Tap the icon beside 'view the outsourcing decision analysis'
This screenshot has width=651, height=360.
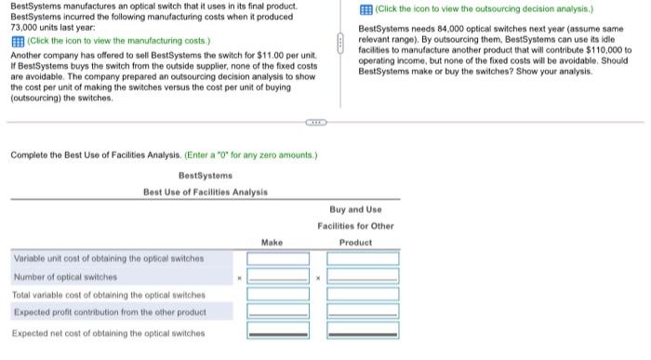pyautogui.click(x=366, y=8)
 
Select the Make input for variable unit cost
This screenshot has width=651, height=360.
pyautogui.click(x=278, y=259)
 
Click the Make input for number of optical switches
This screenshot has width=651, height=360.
pyautogui.click(x=278, y=276)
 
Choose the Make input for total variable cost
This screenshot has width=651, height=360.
pyautogui.click(x=278, y=294)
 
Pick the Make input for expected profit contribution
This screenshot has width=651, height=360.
pyautogui.click(x=278, y=312)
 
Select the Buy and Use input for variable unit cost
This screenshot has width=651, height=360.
pyautogui.click(x=362, y=259)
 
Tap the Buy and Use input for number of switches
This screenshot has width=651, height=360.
pyautogui.click(x=362, y=276)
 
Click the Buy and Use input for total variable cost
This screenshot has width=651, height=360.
pyautogui.click(x=362, y=294)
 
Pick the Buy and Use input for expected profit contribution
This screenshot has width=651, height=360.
pyautogui.click(x=362, y=312)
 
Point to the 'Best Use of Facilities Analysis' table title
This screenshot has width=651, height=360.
pyautogui.click(x=205, y=192)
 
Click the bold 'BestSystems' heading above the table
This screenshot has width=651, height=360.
pyautogui.click(x=205, y=175)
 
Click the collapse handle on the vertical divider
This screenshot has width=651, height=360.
pyautogui.click(x=342, y=41)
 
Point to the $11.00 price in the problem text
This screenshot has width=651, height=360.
pyautogui.click(x=255, y=57)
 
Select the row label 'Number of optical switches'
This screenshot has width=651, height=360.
pyautogui.click(x=65, y=277)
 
